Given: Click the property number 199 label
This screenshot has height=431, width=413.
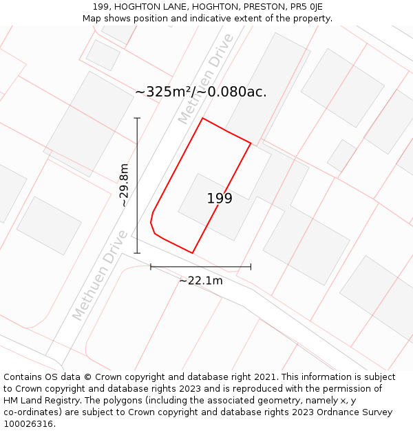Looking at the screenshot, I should [x=220, y=199].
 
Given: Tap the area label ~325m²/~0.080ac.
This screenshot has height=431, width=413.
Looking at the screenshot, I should [x=201, y=92].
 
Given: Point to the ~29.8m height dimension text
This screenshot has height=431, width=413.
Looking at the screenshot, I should [x=123, y=185].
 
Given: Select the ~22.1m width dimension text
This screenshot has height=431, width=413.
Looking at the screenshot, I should [x=201, y=280].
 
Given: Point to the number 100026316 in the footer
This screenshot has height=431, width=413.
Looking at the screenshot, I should [x=29, y=423].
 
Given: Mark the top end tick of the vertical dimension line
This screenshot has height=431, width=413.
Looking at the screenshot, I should [x=137, y=119].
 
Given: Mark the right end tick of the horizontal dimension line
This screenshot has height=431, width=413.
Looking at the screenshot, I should [x=251, y=266].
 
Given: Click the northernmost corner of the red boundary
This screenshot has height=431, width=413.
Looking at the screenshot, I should [x=202, y=118].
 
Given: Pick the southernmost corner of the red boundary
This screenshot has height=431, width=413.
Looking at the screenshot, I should [x=192, y=253].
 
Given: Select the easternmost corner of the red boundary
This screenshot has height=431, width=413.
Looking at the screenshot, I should [x=251, y=143].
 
